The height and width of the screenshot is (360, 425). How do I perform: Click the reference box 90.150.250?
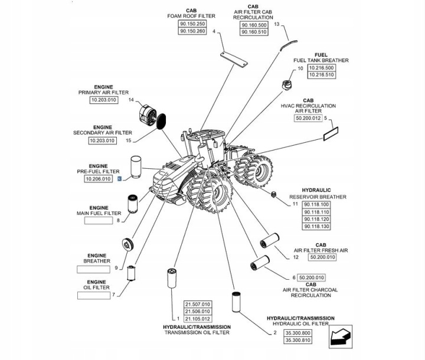[192, 24]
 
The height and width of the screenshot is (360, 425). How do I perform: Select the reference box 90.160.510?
[254, 32]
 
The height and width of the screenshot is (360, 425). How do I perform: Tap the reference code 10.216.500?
[322, 68]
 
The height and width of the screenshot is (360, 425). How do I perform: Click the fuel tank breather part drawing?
[286, 85]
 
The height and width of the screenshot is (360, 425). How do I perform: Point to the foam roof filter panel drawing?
[234, 60]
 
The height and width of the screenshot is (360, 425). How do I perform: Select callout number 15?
[129, 140]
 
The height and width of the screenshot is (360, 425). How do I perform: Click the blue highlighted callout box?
[119, 179]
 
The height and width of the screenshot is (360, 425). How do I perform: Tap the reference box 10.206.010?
[99, 179]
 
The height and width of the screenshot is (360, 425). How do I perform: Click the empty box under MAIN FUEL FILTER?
[99, 221]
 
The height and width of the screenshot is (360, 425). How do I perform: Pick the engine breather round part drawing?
[127, 244]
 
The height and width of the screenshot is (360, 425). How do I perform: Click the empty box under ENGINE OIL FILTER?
[94, 296]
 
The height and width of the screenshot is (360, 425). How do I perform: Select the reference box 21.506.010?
[198, 312]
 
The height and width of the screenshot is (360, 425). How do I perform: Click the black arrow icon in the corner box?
[340, 336]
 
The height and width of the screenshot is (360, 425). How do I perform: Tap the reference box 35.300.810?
[298, 340]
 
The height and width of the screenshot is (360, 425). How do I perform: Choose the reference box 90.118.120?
[316, 219]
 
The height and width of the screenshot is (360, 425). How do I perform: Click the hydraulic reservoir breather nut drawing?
[273, 194]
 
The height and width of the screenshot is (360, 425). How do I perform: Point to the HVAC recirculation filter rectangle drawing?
[331, 133]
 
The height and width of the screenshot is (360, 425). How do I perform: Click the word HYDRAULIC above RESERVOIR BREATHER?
[316, 190]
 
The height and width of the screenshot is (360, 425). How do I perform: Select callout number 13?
[276, 24]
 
